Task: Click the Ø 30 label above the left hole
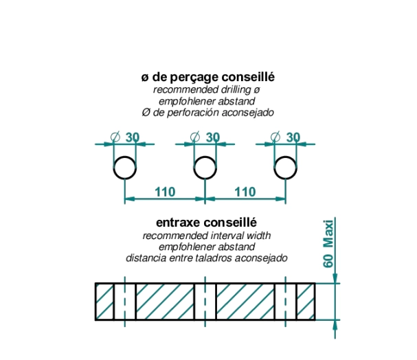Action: coord(125,137)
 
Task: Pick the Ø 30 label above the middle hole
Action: coord(205,137)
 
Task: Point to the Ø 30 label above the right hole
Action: coord(285,137)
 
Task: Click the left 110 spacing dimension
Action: coord(165,192)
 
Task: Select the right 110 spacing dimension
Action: coord(245,192)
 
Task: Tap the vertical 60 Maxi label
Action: coord(328,244)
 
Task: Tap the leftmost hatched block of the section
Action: coord(104,302)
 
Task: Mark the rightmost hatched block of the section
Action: coord(306,302)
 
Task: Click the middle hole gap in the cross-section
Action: coord(205,302)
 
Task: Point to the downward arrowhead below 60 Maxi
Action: coord(335,278)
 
